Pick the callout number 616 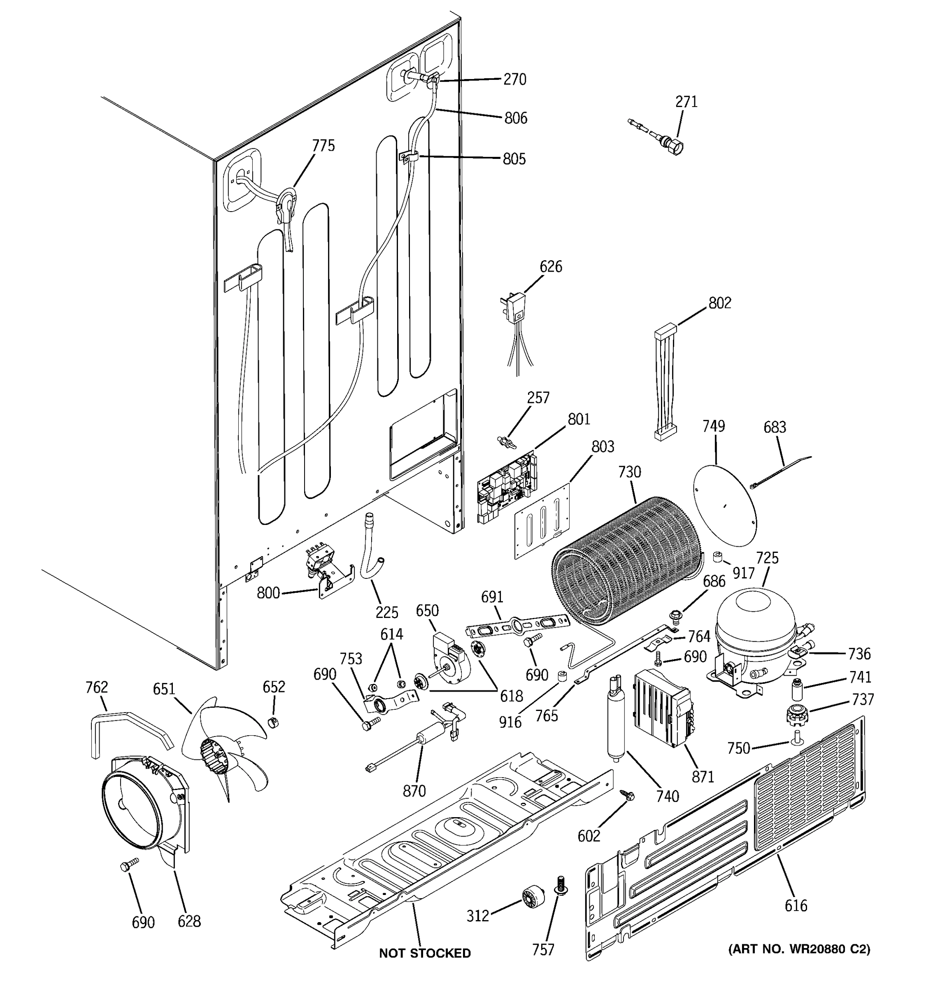(x=796, y=906)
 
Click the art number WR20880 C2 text (x=799, y=949)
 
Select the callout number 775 (x=323, y=146)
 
